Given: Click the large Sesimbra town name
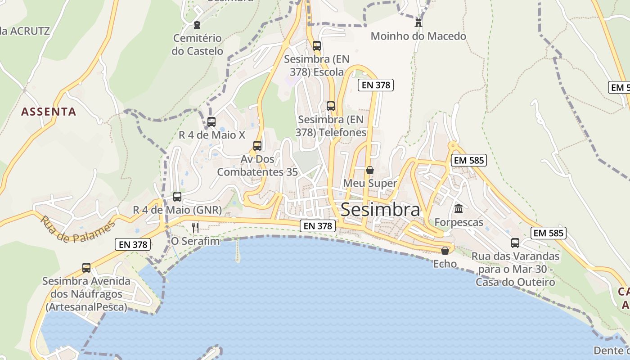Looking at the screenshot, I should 380,210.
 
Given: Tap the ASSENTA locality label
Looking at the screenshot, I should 49,112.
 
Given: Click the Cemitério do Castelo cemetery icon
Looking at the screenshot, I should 197,25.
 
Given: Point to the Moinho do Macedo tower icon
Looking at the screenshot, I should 418,22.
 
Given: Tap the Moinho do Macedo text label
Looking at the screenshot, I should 418,36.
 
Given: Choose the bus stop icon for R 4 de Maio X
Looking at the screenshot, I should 211,121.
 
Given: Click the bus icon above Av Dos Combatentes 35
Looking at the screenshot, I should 257,146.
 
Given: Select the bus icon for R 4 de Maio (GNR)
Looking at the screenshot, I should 177,197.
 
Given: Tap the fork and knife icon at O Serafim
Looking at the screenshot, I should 195,227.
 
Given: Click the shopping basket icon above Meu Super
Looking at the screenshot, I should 370,170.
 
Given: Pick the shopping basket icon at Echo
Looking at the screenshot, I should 445,251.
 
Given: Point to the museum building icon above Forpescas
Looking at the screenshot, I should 459,208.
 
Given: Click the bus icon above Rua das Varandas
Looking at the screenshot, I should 515,243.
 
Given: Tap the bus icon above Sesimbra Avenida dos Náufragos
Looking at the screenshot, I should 86,268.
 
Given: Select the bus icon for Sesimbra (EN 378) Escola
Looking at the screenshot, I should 317,45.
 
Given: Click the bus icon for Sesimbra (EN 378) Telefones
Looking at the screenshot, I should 331,106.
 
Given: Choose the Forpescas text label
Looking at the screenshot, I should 459,222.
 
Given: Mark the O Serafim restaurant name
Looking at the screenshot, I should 195,241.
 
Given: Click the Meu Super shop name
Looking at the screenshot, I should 370,183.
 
